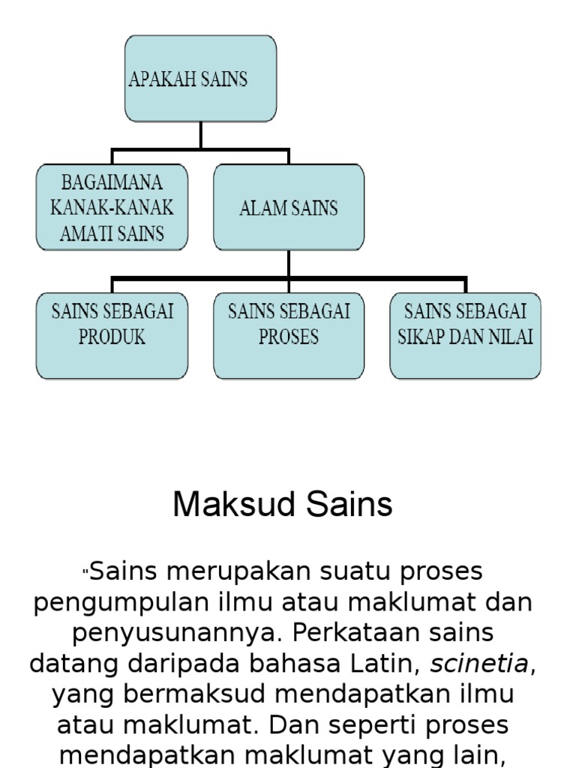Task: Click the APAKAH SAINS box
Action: pyautogui.click(x=200, y=79)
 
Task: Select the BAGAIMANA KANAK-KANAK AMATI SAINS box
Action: pyautogui.click(x=112, y=207)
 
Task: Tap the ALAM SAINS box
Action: pyautogui.click(x=289, y=207)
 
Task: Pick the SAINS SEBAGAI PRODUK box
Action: pyautogui.click(x=112, y=335)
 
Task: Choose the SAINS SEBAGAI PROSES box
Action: pyautogui.click(x=289, y=335)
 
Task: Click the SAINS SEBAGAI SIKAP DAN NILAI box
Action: pyautogui.click(x=465, y=335)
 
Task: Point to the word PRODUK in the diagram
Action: pyautogui.click(x=112, y=337)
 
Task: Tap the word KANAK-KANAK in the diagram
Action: pyautogui.click(x=112, y=207)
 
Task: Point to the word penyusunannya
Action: pyautogui.click(x=178, y=632)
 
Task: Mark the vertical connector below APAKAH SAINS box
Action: pyautogui.click(x=200, y=135)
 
